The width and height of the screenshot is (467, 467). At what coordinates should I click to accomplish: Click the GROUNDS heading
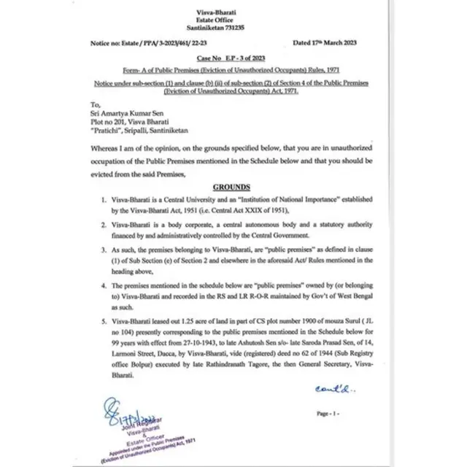click(231, 187)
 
